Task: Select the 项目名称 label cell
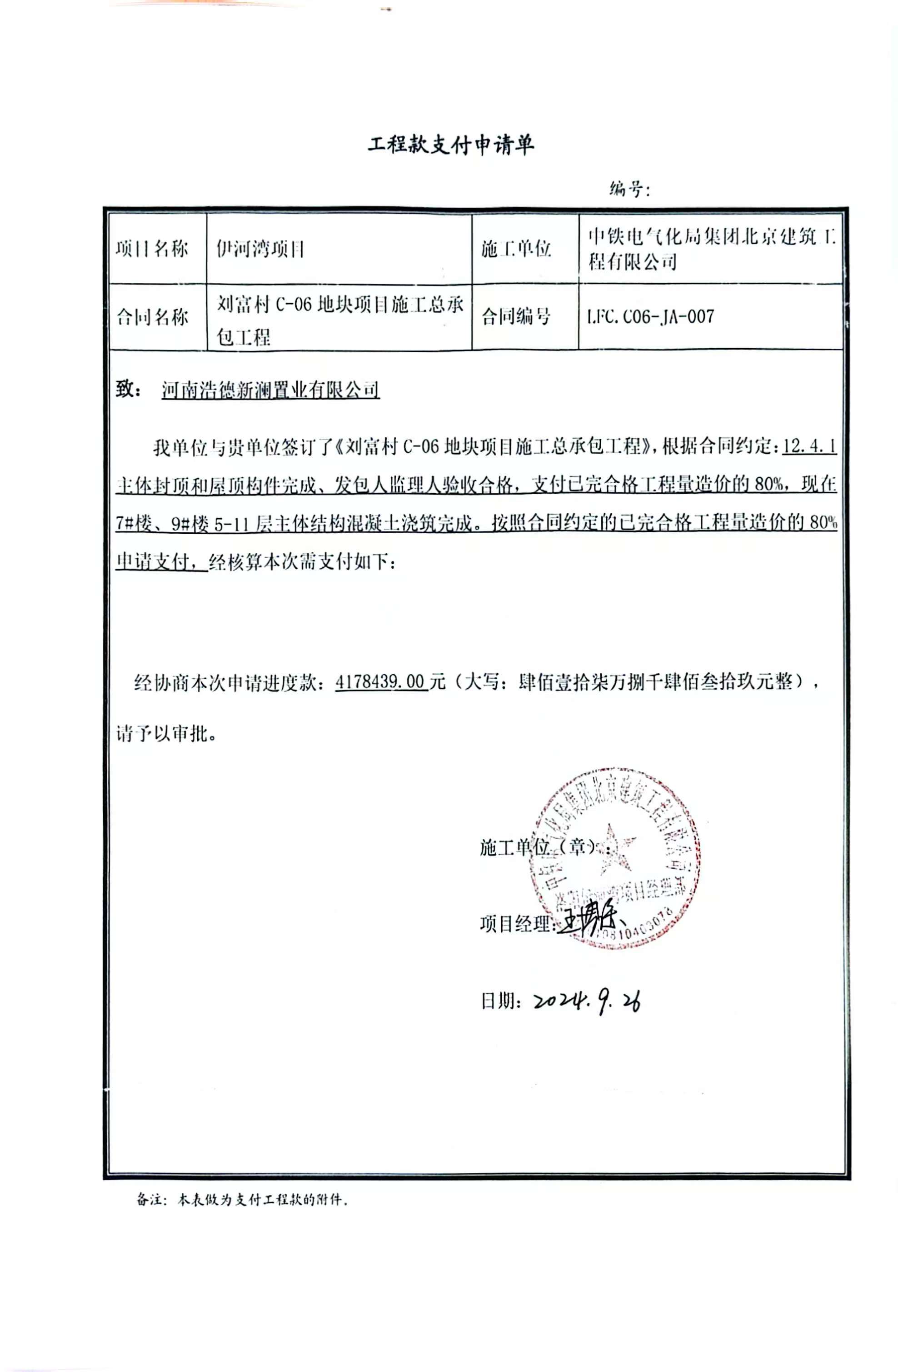click(152, 249)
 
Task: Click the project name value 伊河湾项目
click(260, 249)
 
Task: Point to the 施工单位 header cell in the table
click(516, 249)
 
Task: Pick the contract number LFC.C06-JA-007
click(650, 316)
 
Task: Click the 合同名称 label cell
click(152, 316)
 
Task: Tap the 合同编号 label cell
click(516, 316)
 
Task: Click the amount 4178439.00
click(380, 682)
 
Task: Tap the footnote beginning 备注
click(242, 1200)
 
